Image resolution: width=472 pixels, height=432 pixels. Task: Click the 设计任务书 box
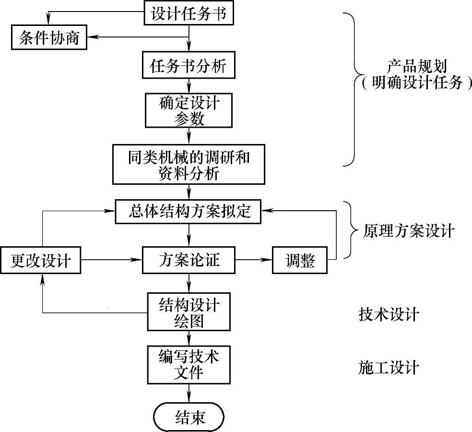(x=189, y=13)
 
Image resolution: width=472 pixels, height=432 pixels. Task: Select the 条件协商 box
(x=49, y=37)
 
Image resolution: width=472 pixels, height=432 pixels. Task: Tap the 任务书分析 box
(x=189, y=66)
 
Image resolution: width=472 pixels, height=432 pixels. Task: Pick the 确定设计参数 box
(x=189, y=110)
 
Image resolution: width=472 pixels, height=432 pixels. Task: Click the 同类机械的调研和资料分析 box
(x=189, y=163)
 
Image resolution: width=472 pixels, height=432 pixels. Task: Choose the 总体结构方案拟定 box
(x=189, y=211)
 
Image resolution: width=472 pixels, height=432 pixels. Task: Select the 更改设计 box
(x=41, y=261)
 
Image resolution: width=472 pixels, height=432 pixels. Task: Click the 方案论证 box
(x=189, y=261)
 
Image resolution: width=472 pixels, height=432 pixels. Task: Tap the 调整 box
(x=300, y=261)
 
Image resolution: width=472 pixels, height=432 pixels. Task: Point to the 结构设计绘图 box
(x=189, y=312)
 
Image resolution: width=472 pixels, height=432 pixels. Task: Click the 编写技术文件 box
(x=189, y=364)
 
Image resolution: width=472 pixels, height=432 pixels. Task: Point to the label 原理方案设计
(x=408, y=231)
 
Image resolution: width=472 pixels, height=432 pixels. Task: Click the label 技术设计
(x=389, y=314)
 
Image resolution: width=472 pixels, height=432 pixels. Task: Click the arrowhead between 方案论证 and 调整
(x=268, y=261)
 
